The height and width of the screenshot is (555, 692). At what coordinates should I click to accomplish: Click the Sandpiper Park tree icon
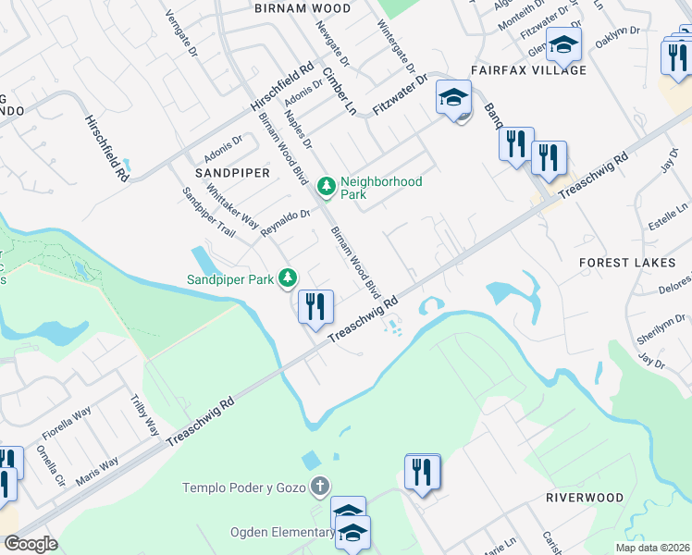289,277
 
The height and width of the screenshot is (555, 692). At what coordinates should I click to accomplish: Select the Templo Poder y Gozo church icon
319,487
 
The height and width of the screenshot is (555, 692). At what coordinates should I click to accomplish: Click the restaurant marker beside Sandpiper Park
315,306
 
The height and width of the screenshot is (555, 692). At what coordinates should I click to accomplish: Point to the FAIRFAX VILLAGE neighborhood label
528,70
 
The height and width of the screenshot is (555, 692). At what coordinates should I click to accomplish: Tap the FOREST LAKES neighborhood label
627,263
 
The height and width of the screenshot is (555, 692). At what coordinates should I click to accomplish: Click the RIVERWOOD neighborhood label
585,498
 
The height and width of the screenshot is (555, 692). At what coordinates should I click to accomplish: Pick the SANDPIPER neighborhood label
231,173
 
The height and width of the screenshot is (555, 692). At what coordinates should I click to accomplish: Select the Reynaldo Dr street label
284,222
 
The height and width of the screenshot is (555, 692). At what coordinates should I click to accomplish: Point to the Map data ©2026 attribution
652,548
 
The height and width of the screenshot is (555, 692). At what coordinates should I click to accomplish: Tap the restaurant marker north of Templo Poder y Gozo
423,472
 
